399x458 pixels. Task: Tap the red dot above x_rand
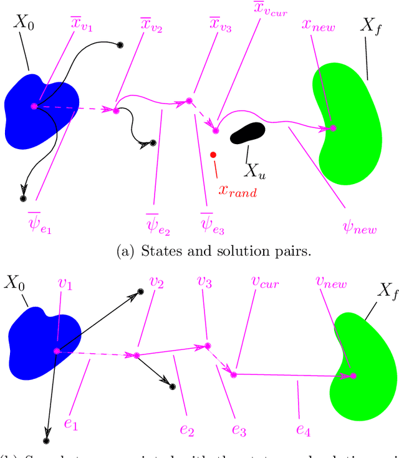click(x=213, y=154)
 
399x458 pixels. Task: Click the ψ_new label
click(x=360, y=226)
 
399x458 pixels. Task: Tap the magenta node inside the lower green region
click(x=353, y=376)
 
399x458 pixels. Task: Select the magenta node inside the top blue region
click(x=34, y=106)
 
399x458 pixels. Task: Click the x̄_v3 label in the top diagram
click(x=219, y=26)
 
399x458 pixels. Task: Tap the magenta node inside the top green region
click(x=333, y=128)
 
